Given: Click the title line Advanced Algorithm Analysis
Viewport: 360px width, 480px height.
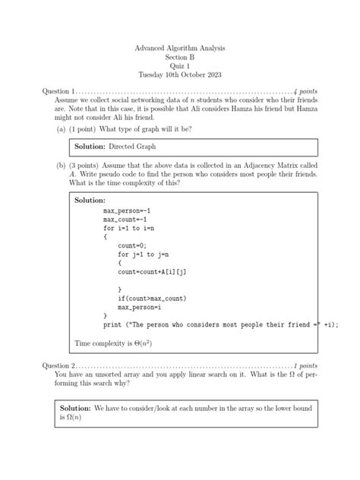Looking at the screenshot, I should coord(179,48).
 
